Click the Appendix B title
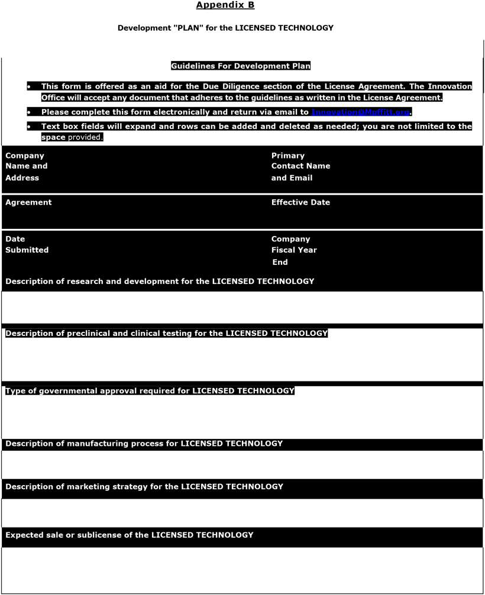pos(225,5)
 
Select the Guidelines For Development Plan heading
pos(241,66)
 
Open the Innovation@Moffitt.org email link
pos(360,112)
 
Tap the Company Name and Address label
pos(27,166)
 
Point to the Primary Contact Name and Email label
pos(300,166)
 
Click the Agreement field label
pos(28,202)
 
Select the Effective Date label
pos(300,202)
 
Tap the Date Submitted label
pos(27,244)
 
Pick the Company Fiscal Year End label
pos(294,250)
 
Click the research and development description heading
pos(160,282)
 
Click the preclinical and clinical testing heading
pos(166,334)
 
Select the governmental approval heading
pos(150,391)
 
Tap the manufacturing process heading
pos(144,444)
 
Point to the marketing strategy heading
pos(144,487)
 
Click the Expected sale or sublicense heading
pos(129,535)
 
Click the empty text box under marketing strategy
pos(242,512)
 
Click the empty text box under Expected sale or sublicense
pos(242,570)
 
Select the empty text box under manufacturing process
pos(242,464)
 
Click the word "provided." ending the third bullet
pos(85,137)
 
